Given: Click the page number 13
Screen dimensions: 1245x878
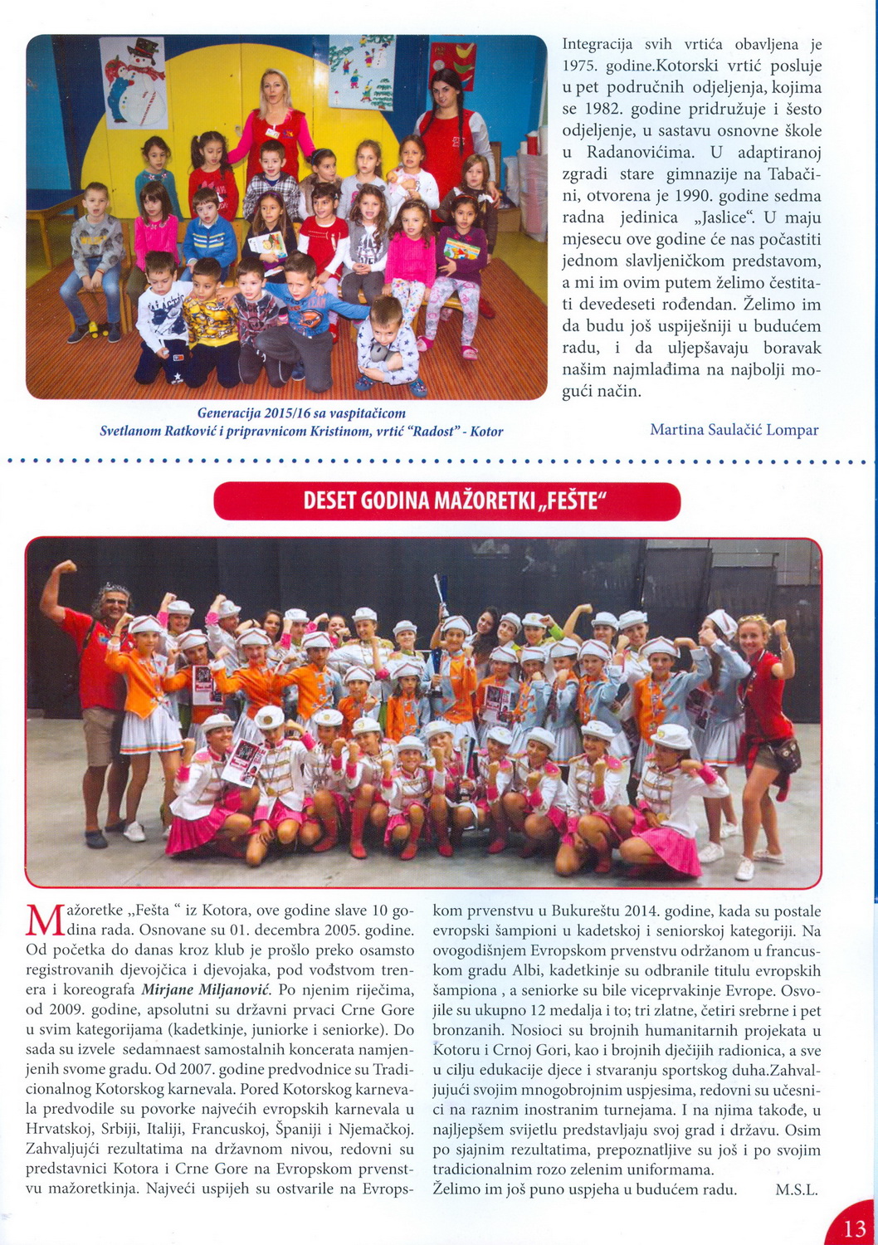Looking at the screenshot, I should click(854, 1228).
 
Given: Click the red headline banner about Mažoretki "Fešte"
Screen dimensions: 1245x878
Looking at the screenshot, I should click(447, 501).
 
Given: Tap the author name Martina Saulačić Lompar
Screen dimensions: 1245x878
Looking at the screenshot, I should click(734, 430).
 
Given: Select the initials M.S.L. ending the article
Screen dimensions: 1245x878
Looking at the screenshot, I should click(796, 1189).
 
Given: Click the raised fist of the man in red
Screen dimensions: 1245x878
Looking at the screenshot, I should click(64, 568).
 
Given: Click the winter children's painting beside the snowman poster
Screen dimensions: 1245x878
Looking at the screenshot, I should click(361, 72).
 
